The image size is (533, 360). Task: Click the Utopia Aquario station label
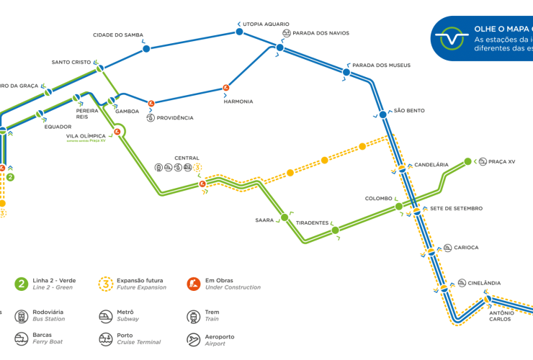click(266, 24)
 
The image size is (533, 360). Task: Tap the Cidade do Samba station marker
click(146, 48)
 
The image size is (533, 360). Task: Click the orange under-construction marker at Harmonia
click(226, 88)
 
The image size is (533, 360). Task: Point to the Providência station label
click(175, 118)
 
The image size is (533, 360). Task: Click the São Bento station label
click(409, 111)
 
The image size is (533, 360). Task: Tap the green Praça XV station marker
click(467, 161)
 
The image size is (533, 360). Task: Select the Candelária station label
click(431, 165)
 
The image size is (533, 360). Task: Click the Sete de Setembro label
click(456, 209)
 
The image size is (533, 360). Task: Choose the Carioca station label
click(466, 248)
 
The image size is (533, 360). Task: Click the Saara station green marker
click(285, 217)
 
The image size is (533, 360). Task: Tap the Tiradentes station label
click(313, 223)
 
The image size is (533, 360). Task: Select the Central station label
click(187, 158)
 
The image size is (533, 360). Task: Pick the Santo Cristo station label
click(71, 62)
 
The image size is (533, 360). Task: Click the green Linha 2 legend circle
click(22, 284)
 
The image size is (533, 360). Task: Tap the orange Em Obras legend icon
click(193, 284)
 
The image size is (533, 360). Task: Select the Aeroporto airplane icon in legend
click(193, 339)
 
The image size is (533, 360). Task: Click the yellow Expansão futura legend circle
click(107, 284)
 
